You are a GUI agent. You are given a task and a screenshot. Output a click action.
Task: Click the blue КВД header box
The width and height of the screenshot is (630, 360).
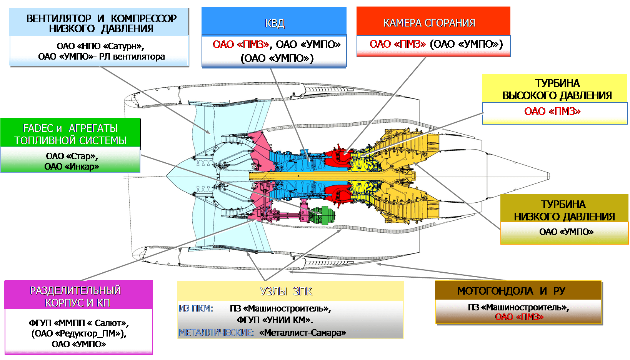coord(274,21)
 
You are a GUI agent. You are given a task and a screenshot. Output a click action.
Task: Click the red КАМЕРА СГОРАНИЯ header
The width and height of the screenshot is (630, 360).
coord(433,21)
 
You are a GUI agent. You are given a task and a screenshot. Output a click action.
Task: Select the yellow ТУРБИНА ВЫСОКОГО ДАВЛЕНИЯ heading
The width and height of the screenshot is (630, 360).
coord(555,88)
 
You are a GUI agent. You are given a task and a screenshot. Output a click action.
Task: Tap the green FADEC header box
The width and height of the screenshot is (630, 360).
coord(70,132)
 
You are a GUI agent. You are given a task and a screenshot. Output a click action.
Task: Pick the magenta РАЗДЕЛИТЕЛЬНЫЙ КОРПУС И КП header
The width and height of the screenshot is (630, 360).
coord(78,295)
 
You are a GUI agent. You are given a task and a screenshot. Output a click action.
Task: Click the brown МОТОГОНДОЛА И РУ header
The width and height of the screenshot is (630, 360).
coord(518,290)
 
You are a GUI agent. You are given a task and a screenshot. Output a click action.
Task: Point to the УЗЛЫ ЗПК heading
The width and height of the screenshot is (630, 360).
coord(286,292)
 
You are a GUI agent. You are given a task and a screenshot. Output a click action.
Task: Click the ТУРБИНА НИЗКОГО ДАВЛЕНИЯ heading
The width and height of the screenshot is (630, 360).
coord(564,210)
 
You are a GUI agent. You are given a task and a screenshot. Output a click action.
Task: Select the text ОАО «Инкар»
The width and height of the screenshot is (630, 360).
coord(72,167)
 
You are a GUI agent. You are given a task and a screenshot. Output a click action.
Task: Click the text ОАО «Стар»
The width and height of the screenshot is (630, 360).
coord(72,156)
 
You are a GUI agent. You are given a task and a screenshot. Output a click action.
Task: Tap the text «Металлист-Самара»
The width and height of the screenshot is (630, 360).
coord(302,333)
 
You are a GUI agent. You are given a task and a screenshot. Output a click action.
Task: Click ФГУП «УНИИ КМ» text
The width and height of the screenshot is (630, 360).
coord(275,320)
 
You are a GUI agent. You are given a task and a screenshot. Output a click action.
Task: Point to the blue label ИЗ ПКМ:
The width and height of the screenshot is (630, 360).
coord(196,308)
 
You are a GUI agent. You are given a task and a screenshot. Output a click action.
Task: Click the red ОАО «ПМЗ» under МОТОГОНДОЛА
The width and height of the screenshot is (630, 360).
coord(519,317)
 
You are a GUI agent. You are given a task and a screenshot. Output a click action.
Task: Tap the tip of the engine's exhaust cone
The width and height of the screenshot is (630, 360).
coord(549,176)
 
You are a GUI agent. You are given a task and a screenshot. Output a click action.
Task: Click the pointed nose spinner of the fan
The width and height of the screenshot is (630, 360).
coord(167,176)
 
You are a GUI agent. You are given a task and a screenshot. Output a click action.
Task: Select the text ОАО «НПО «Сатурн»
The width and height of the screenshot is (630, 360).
coord(100,46)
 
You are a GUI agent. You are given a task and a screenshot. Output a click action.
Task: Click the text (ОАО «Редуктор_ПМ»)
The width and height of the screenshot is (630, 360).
coord(79,333)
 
